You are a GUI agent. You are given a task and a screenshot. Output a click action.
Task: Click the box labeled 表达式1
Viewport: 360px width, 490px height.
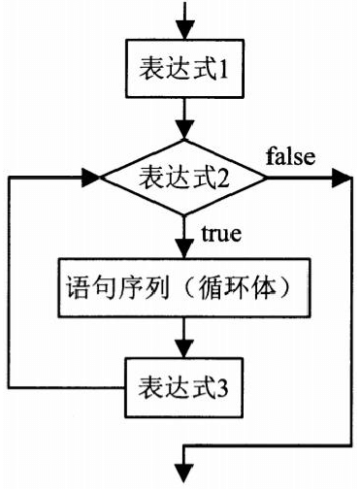184,68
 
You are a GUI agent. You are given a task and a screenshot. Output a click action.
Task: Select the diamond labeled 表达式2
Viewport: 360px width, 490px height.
183,178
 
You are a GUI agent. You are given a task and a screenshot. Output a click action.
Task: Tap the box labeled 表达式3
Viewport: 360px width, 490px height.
184,387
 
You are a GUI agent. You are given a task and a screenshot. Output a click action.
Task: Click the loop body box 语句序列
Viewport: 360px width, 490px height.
184,287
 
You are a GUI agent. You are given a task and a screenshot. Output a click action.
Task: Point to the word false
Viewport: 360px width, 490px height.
290,156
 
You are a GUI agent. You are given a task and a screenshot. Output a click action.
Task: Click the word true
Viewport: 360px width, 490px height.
221,233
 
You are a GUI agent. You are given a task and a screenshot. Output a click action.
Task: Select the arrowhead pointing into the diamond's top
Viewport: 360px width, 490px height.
184,130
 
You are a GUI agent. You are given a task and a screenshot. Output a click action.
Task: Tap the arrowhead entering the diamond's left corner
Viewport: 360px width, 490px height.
91,178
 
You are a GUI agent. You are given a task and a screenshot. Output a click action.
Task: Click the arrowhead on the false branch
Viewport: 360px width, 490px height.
342,178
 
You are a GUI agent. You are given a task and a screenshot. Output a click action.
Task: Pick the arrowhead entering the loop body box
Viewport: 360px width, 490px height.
184,248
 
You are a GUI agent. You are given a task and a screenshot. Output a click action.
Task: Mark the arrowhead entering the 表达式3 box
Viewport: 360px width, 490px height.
184,348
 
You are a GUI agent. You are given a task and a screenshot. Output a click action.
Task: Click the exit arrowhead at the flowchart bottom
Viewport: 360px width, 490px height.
184,474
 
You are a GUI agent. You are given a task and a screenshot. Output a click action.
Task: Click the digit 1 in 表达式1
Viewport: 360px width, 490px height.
223,69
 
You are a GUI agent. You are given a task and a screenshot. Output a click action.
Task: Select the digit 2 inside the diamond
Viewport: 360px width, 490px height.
223,178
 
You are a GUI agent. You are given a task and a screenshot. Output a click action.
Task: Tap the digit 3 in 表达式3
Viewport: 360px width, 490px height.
222,387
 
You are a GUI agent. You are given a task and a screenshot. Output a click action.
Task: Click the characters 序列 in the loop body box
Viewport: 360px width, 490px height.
144,287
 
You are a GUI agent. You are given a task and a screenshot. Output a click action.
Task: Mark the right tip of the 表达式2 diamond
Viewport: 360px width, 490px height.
267,178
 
